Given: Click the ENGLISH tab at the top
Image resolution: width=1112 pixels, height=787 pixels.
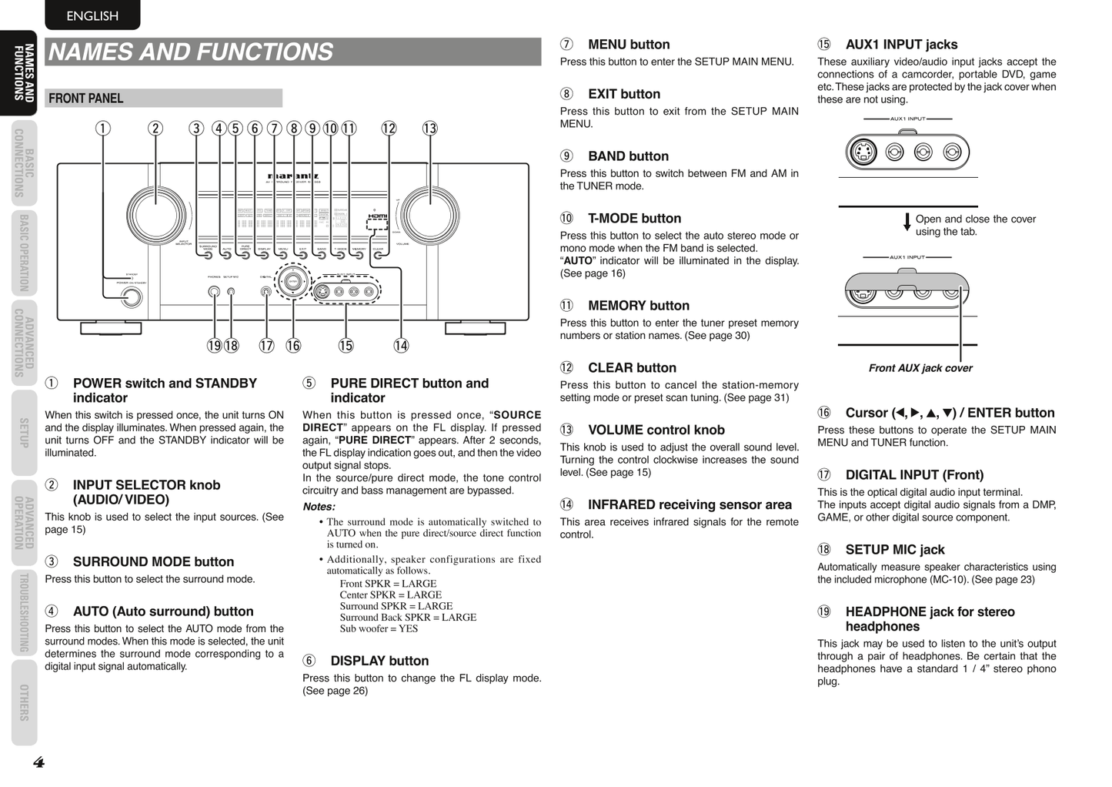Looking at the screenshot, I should tap(92, 15).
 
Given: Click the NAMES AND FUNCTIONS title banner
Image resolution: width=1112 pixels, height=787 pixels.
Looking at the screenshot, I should tap(292, 52).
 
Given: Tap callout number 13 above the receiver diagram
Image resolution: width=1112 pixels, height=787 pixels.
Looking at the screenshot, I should tap(429, 129).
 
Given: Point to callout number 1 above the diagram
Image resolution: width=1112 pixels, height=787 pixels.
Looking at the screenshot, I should tap(102, 129).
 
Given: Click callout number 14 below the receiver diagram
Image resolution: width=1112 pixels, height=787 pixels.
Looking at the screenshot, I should tap(401, 346).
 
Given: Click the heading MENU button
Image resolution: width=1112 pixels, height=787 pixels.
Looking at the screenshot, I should tap(628, 45).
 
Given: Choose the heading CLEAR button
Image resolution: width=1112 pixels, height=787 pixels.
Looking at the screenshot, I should tap(631, 368).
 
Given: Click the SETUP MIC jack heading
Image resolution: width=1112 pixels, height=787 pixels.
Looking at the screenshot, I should tap(894, 550).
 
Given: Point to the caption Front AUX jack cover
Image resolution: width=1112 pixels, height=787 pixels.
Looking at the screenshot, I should tap(920, 368).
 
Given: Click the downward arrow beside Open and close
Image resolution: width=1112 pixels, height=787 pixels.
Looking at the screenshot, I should tap(907, 223).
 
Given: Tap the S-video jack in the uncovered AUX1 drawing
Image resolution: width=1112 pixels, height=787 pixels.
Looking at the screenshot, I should tap(863, 152).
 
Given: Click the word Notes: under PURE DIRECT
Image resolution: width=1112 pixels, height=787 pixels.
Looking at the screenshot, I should tap(319, 507).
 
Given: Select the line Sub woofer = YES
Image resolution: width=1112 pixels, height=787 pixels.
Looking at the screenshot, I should tap(379, 628).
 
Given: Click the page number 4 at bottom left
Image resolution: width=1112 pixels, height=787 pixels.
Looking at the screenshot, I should tap(38, 762).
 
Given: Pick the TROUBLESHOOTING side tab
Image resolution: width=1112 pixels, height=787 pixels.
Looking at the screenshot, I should tap(24, 613).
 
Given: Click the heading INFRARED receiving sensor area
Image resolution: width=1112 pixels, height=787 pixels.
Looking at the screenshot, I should tap(689, 505).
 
